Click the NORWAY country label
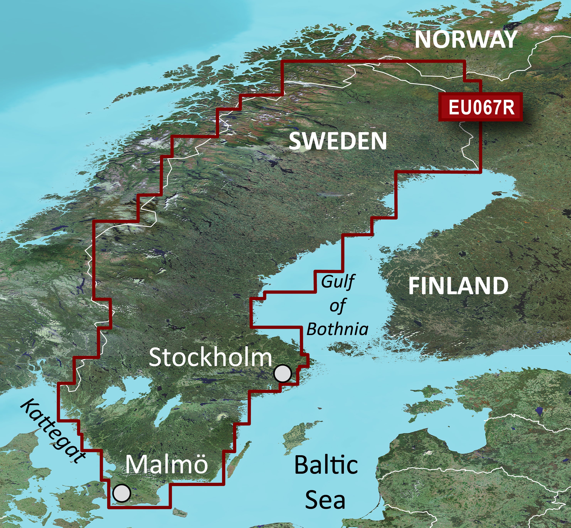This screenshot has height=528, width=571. point(466,39)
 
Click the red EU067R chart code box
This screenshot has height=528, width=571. point(481,107)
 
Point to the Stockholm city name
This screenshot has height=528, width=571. point(210,358)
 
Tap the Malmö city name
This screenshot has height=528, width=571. point(167,464)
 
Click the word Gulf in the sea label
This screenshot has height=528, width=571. point(338,282)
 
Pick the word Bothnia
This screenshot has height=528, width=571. point(337,329)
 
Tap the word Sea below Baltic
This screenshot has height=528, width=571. point(325,500)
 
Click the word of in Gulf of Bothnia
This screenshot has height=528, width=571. point(337,306)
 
